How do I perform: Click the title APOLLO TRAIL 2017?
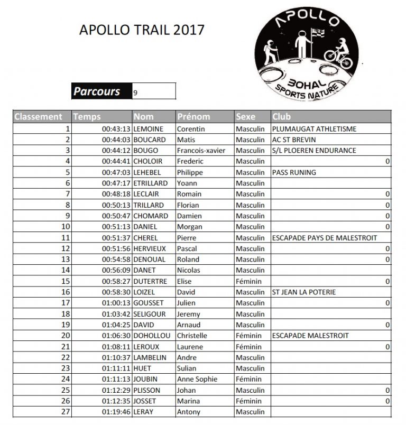point(141,30)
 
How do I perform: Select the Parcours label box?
point(97,91)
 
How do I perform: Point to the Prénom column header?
point(193,116)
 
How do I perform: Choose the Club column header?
point(282,116)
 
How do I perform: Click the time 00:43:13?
point(116,128)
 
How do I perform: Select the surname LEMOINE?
point(149,128)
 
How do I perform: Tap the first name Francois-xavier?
point(201,150)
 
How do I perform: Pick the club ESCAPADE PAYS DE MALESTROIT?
point(324,237)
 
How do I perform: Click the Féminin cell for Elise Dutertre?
point(248,281)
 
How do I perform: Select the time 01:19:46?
point(116,411)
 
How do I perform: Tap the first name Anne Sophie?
point(197,378)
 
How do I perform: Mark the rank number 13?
point(66,259)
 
